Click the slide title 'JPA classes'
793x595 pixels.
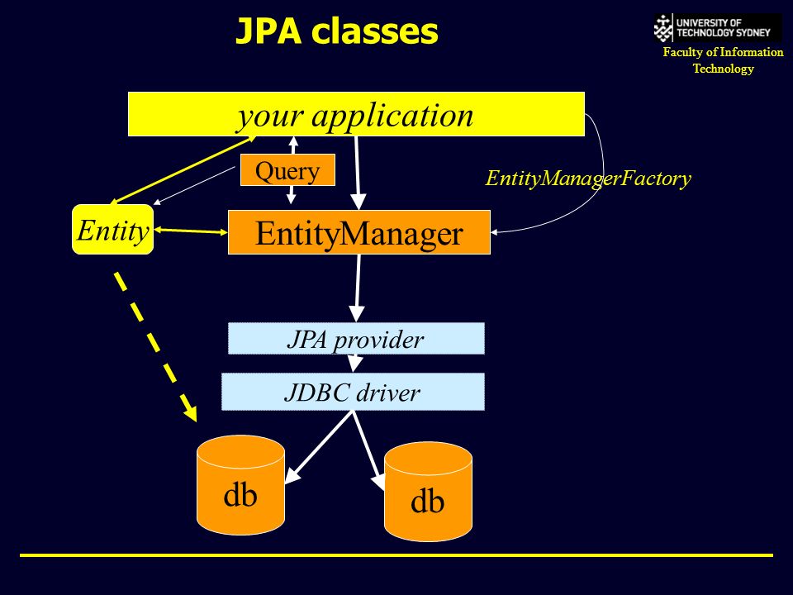tap(337, 31)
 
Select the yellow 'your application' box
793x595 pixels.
tap(356, 114)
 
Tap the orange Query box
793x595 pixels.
tap(287, 170)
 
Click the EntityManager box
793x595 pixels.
tap(359, 232)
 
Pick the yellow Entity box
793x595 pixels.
tap(113, 229)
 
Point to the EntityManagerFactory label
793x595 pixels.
tap(588, 178)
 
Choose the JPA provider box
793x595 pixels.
tap(356, 339)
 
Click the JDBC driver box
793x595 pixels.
tap(353, 392)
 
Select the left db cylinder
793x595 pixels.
tap(240, 485)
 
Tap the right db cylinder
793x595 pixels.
tap(429, 491)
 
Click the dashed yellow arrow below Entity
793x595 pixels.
tap(155, 347)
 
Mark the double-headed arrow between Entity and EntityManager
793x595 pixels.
tap(191, 231)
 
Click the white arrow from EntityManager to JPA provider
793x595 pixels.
tap(358, 288)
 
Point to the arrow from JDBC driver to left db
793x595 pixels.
tap(319, 446)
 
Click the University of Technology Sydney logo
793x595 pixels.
tap(718, 28)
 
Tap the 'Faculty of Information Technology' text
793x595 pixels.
tap(723, 60)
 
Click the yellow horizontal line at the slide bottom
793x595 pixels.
tap(396, 555)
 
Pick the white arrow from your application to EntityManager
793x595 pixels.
tap(358, 173)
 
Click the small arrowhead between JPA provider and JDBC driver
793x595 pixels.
tap(355, 364)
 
